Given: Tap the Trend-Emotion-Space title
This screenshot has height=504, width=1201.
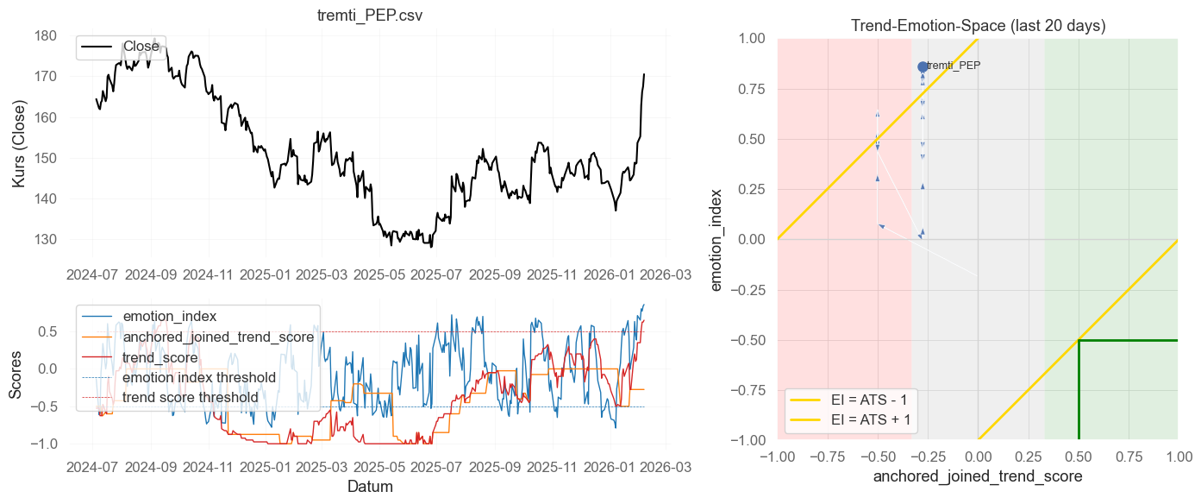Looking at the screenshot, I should tap(978, 26).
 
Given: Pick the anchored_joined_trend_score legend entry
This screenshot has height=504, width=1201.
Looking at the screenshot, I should tap(218, 337).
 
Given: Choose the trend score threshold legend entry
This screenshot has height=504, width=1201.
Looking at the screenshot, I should tap(190, 397).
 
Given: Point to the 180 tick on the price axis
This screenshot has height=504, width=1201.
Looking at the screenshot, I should tap(46, 36).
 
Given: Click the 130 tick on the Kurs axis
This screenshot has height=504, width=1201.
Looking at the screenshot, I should tap(46, 240).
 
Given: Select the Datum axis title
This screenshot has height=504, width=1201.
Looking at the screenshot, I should tap(370, 487).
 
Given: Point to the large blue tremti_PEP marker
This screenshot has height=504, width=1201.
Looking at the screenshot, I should tap(923, 66).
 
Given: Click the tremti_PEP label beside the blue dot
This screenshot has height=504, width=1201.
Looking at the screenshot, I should tap(954, 66).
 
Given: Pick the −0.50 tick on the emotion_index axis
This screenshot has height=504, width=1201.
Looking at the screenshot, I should tap(752, 340).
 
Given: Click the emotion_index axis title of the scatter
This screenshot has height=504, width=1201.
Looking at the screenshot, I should tap(716, 239).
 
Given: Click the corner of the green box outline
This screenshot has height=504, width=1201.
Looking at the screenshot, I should tap(1079, 340).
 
